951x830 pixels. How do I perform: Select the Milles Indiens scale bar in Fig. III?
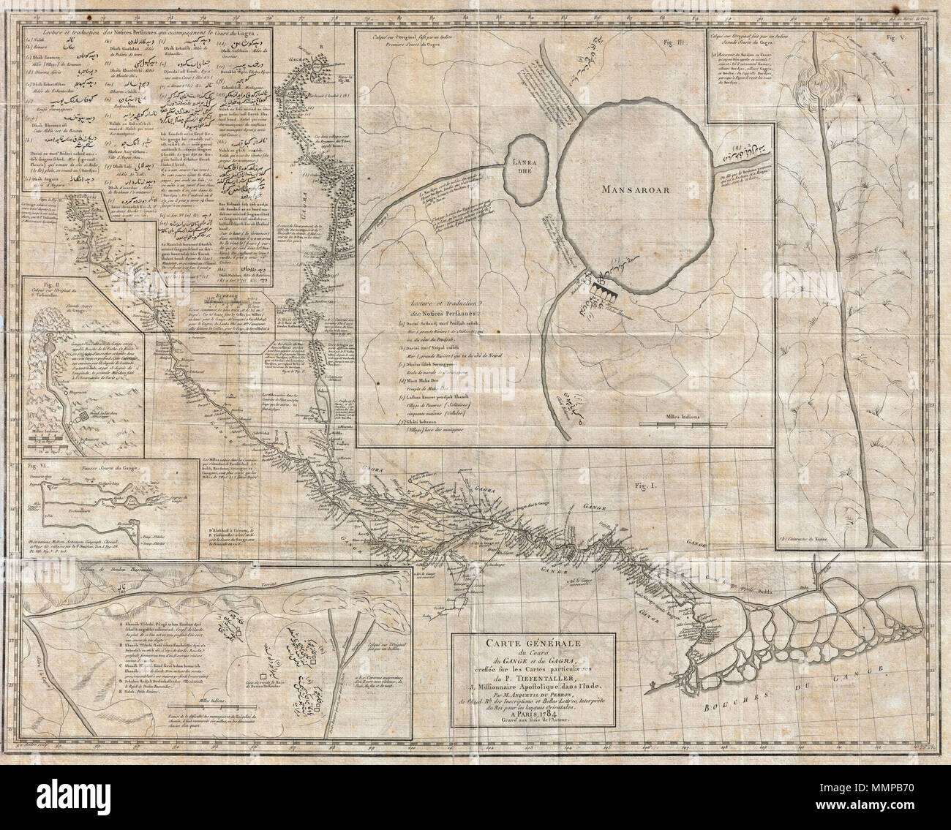tap(669, 424)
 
